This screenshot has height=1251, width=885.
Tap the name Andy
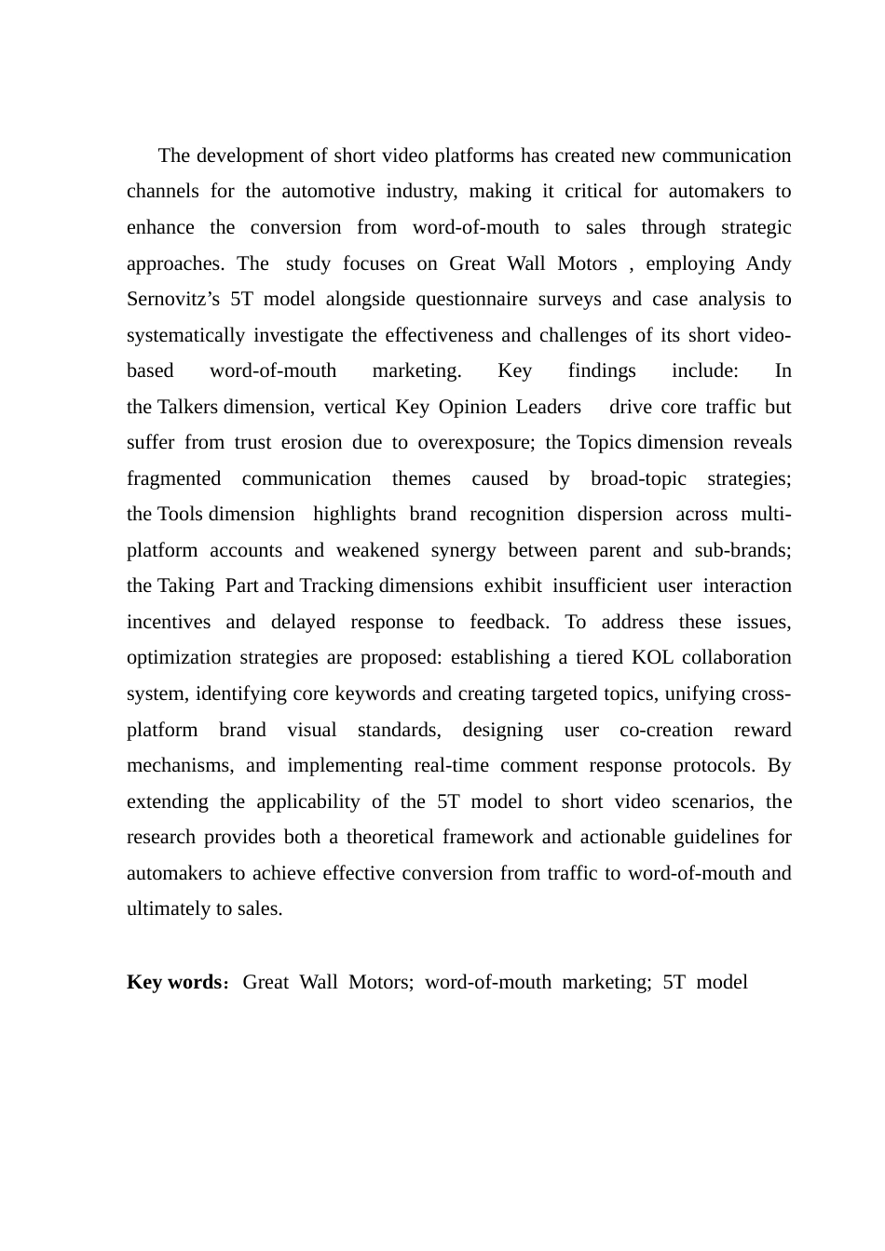click(769, 263)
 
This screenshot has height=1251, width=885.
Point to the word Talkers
click(188, 407)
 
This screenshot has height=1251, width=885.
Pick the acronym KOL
click(652, 658)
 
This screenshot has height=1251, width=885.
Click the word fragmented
click(173, 479)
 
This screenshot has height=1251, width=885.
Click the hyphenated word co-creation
click(666, 731)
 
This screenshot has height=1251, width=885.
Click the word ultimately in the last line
click(169, 909)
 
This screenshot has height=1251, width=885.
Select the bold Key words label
click(174, 983)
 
